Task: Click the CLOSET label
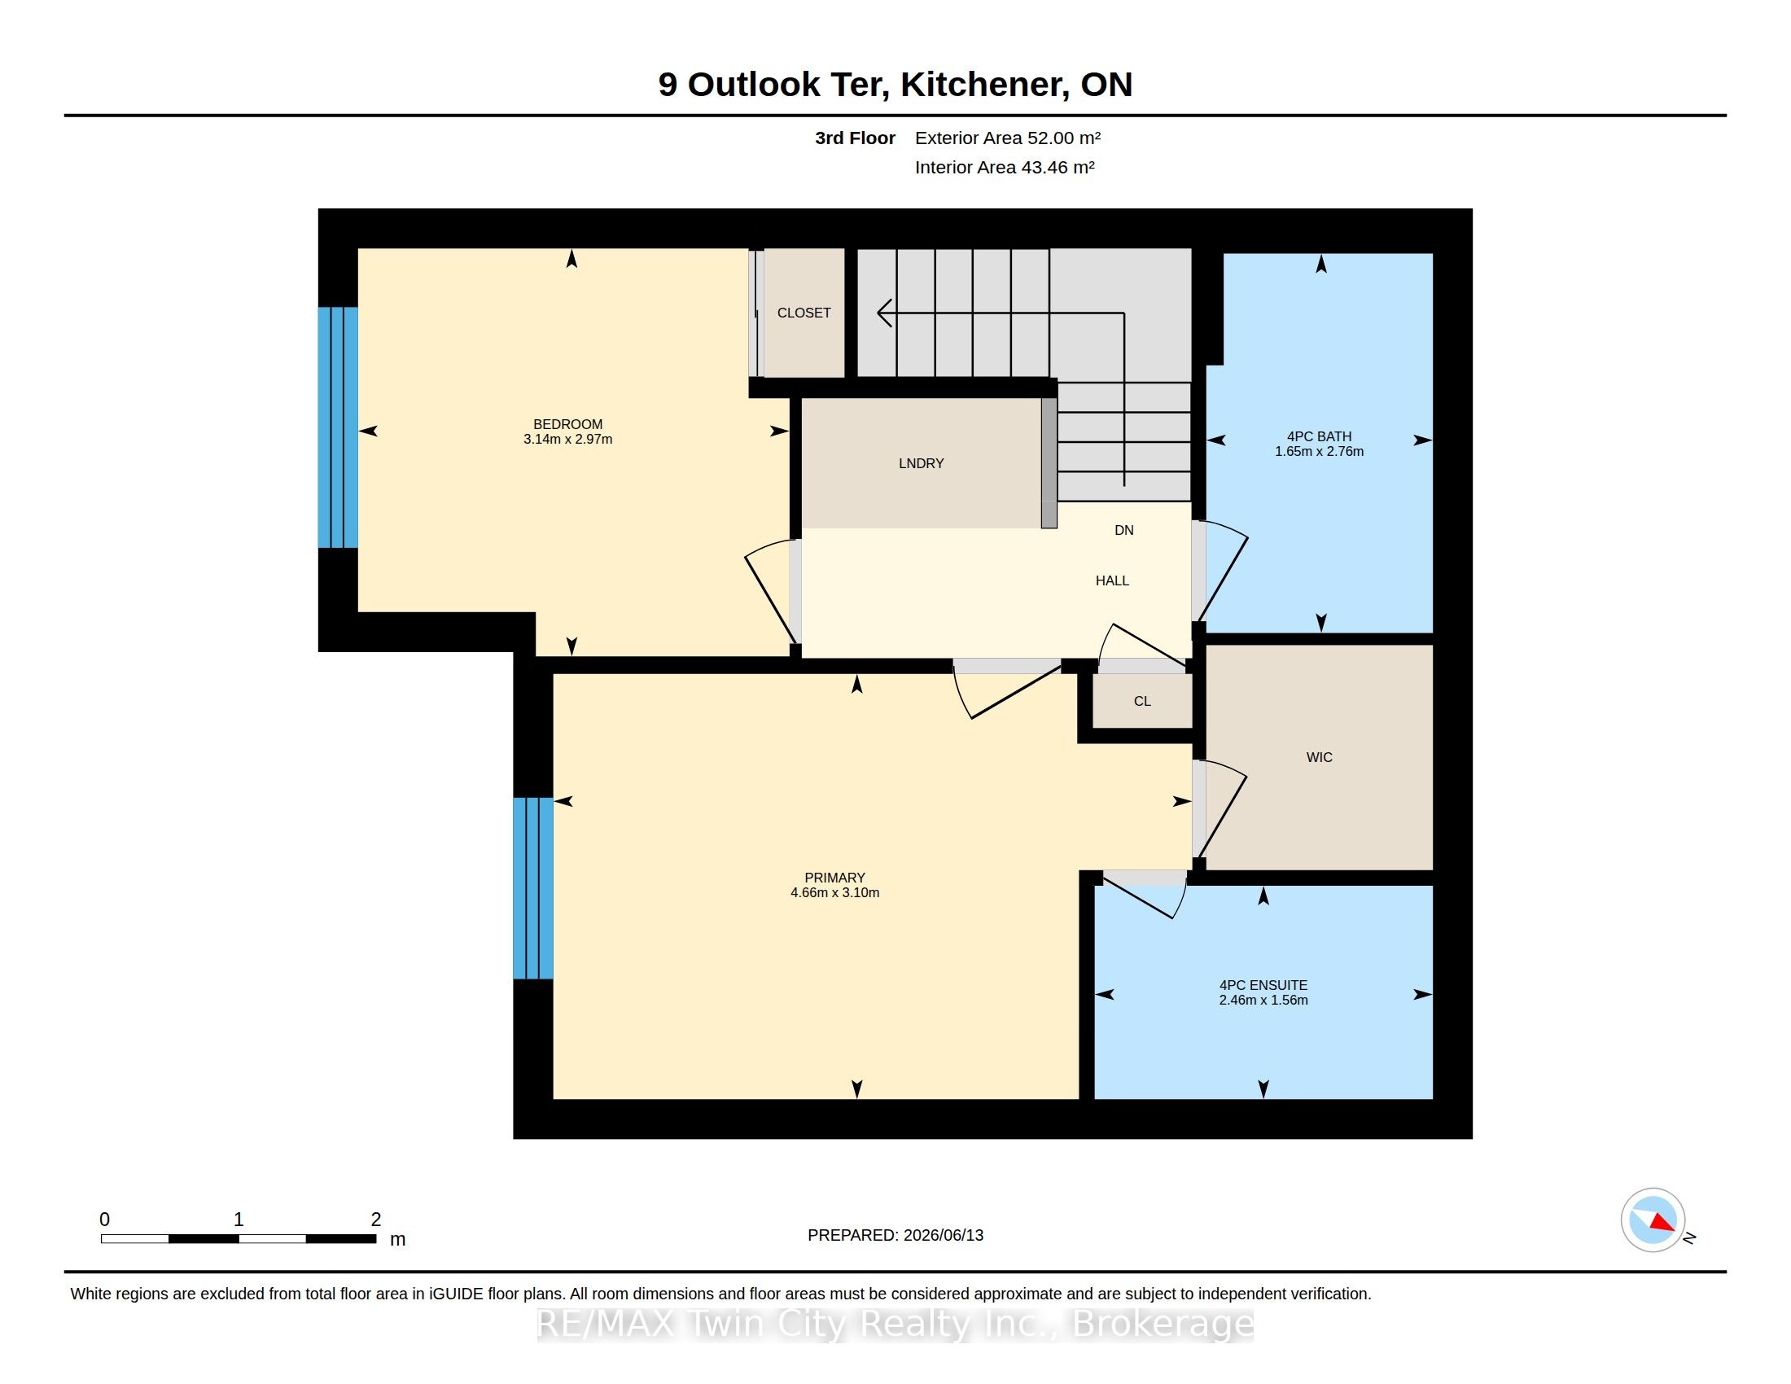pyautogui.click(x=804, y=313)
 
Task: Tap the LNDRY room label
pyautogui.click(x=921, y=463)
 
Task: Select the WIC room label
pyautogui.click(x=1319, y=757)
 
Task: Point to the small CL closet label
pyautogui.click(x=1142, y=701)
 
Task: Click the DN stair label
pyautogui.click(x=1123, y=531)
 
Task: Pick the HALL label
pyautogui.click(x=1112, y=580)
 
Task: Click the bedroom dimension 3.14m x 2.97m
pyautogui.click(x=567, y=440)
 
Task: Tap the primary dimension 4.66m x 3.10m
pyautogui.click(x=834, y=893)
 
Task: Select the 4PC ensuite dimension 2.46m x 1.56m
pyautogui.click(x=1263, y=1001)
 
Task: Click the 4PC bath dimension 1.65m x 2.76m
pyautogui.click(x=1319, y=452)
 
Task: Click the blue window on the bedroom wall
pyautogui.click(x=338, y=427)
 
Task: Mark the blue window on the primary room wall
pyautogui.click(x=533, y=888)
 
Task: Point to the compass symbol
pyautogui.click(x=1653, y=1220)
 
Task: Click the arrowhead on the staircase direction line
pyautogui.click(x=884, y=313)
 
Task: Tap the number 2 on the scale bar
pyautogui.click(x=375, y=1220)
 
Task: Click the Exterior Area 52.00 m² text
pyautogui.click(x=1008, y=138)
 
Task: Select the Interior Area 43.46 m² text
pyautogui.click(x=1005, y=167)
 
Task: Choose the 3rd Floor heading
pyautogui.click(x=855, y=138)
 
